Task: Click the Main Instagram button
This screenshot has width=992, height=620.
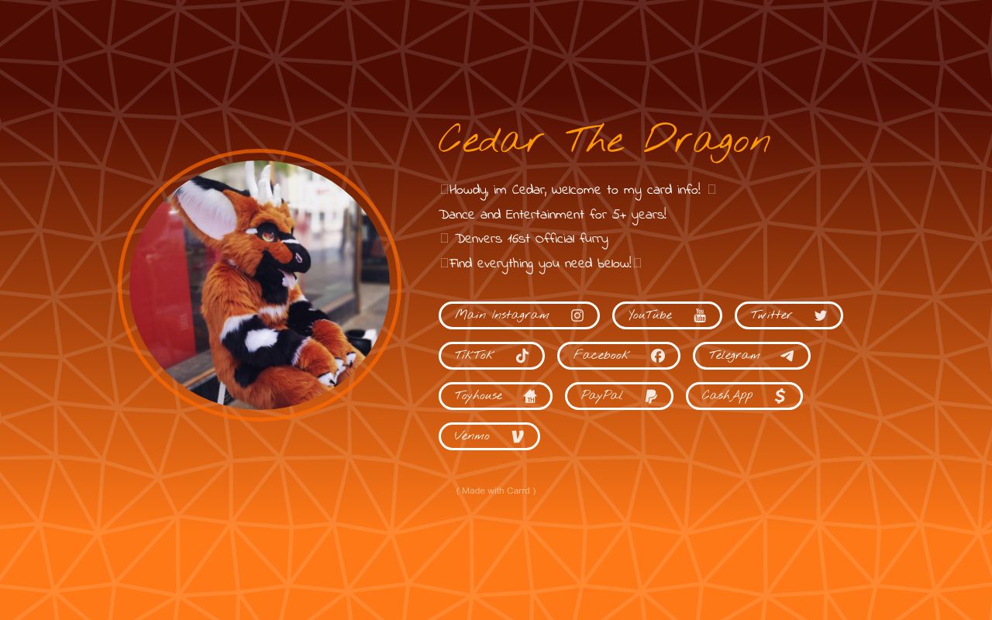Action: pos(519,315)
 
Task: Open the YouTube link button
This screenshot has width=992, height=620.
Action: pos(667,315)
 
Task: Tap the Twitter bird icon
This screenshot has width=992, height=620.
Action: pos(821,315)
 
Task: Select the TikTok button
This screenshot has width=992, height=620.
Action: pos(491,356)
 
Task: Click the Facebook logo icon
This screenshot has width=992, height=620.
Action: pos(658,356)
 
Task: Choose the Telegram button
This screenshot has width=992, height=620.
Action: pos(752,356)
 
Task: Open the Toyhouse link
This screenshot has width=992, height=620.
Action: pos(495,396)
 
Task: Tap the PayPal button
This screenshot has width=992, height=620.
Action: pos(619,396)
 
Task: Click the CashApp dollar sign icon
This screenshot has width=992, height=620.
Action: pos(780,396)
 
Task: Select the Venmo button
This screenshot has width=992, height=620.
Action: pos(489,436)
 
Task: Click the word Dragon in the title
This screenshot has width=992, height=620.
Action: pos(708,142)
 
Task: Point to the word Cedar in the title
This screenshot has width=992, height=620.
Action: pos(491,139)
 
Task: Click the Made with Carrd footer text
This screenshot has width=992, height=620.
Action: pos(496,491)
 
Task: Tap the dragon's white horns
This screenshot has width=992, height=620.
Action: pos(263,184)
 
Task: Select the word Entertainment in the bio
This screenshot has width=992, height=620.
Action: pos(545,215)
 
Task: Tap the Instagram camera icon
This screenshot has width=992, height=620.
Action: pos(577,315)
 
